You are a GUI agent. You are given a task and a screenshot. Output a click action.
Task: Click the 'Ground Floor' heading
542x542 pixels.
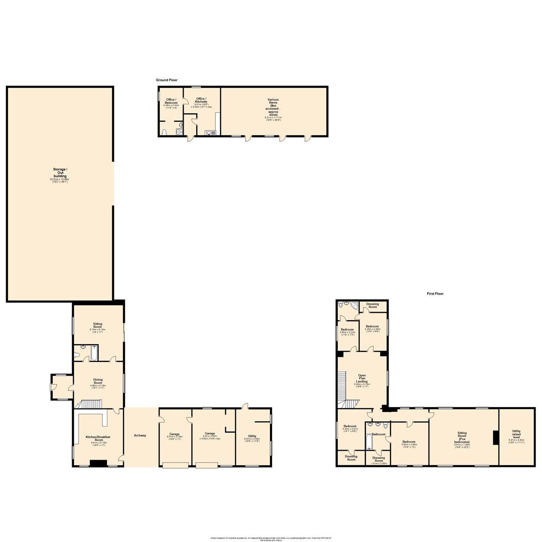coord(166,80)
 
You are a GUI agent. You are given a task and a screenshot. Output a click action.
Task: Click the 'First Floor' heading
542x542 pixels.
coord(435,294)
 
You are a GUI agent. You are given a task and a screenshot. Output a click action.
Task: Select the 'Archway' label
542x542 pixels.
coord(140,436)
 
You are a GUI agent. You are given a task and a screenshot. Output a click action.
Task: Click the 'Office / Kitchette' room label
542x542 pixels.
coord(201,100)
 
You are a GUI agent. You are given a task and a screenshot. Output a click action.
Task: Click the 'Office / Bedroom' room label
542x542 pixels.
coord(171,101)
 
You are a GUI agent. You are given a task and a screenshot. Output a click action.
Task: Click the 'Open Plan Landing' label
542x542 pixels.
coord(361,378)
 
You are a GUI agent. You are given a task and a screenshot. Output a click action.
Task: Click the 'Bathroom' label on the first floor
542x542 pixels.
coord(378,434)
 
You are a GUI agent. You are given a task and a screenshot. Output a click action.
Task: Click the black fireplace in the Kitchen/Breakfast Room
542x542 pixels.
coord(98,463)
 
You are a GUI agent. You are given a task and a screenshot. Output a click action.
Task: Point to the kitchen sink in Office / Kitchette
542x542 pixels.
coord(210,132)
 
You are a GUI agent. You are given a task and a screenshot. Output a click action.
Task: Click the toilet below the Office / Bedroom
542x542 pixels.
coord(165,132)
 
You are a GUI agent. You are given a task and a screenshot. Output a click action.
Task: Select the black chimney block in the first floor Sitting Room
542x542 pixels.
coord(495,438)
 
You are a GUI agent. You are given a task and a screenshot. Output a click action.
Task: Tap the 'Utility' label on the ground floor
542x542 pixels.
coord(252,437)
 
